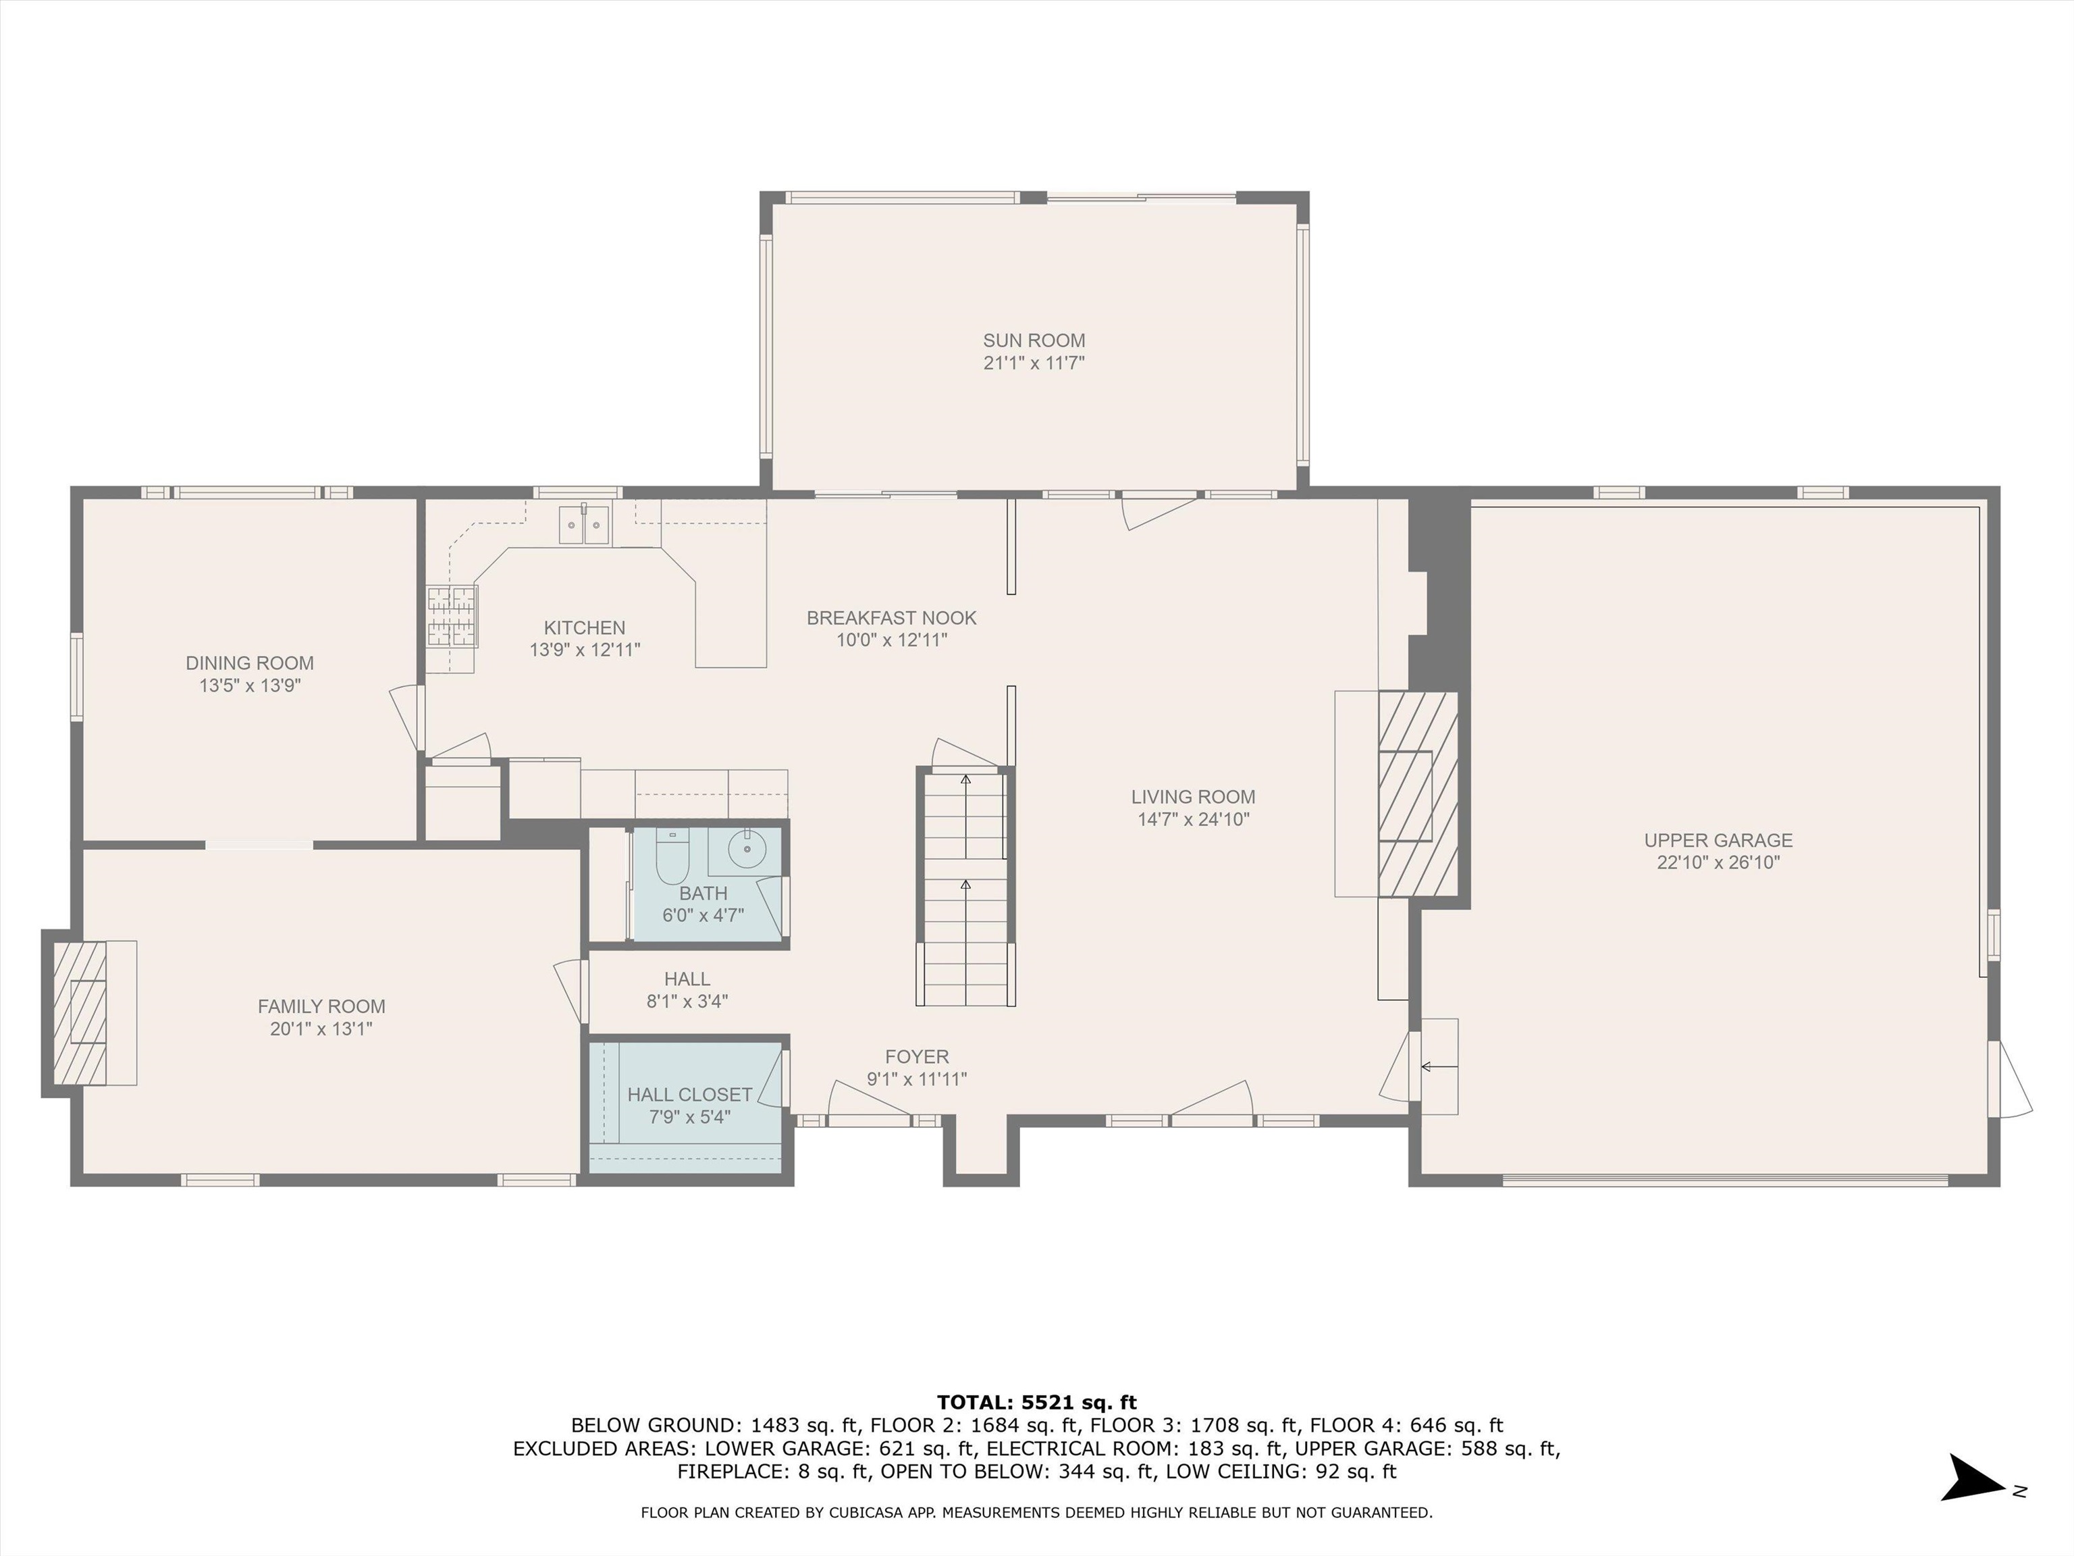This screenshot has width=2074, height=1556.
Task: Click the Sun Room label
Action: coord(1034,340)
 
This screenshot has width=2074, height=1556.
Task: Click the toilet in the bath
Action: coord(671,856)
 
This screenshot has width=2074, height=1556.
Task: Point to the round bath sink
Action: coord(747,850)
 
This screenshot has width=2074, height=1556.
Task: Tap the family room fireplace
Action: coord(80,1013)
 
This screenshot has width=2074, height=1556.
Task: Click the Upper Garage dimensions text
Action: coord(1718,863)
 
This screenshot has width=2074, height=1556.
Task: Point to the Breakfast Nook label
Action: coord(892,618)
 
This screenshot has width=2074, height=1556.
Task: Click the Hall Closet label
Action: coord(689,1095)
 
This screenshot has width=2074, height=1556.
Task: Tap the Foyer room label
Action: coord(917,1057)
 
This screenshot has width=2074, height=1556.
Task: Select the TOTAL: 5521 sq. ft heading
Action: coord(1037,1402)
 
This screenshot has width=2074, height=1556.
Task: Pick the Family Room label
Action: coord(321,1006)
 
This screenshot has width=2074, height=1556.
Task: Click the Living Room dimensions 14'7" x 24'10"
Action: coord(1193,820)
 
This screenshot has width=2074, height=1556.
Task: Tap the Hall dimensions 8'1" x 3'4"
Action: coord(687,1001)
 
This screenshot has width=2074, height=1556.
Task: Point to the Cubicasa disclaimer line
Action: coord(1037,1513)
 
